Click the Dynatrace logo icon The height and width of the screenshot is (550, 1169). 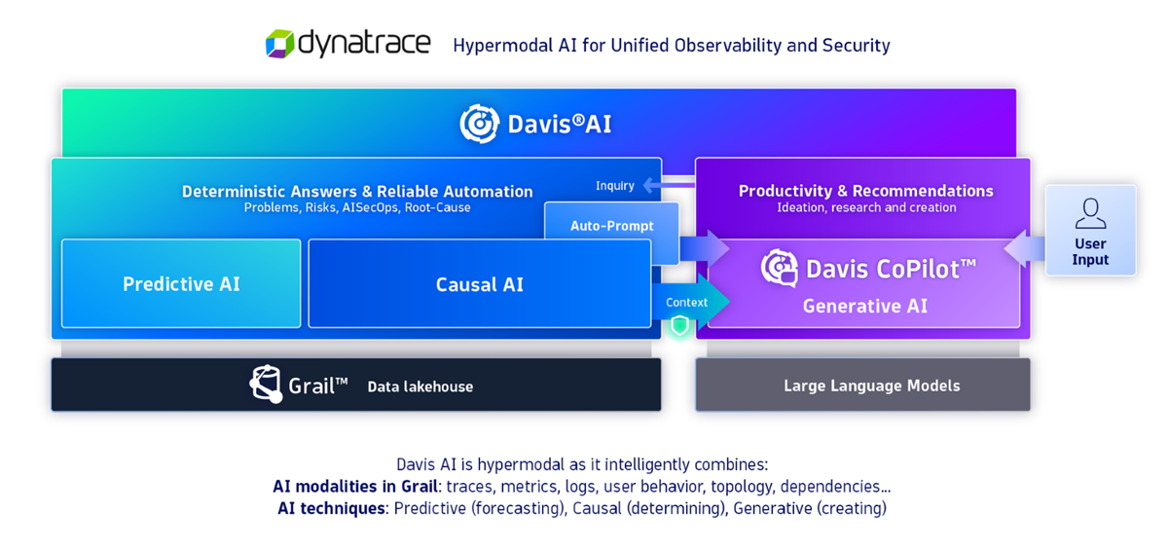click(x=279, y=44)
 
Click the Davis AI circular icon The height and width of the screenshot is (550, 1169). click(x=479, y=124)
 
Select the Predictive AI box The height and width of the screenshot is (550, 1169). click(x=181, y=284)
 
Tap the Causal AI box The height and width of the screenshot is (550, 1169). click(x=479, y=284)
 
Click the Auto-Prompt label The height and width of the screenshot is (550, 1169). click(x=611, y=226)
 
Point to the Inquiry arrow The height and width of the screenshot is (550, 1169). click(x=667, y=185)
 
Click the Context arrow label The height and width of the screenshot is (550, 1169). click(x=686, y=303)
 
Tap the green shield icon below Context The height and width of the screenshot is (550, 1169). click(x=679, y=325)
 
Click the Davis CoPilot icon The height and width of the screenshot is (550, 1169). click(x=779, y=269)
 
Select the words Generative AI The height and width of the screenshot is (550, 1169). click(x=864, y=306)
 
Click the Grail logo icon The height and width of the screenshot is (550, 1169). click(x=266, y=385)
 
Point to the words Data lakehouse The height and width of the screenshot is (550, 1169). click(x=420, y=386)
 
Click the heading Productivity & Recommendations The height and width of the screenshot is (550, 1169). click(x=865, y=191)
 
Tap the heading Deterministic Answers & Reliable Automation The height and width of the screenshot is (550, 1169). click(x=357, y=192)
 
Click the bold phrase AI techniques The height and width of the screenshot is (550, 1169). click(x=331, y=508)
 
